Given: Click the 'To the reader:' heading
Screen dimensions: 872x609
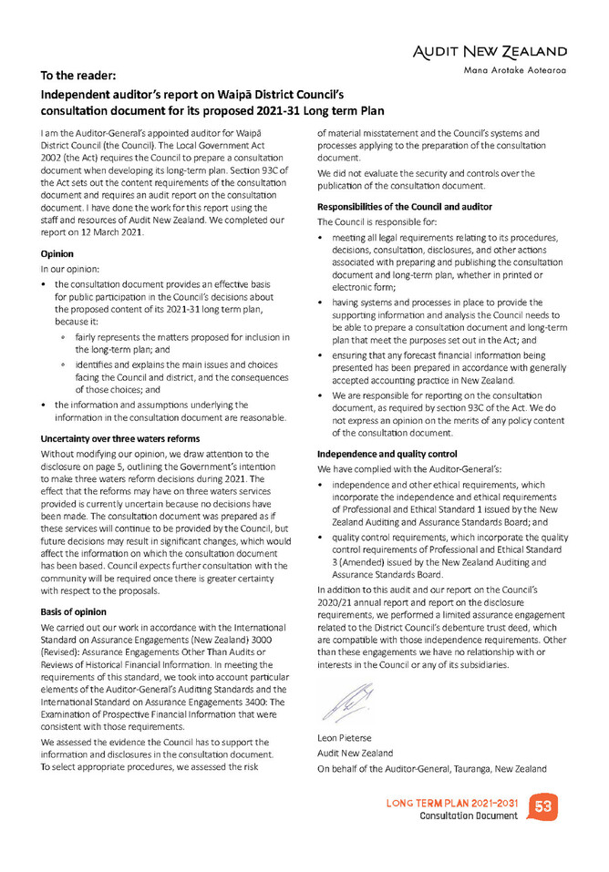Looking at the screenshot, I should coord(78,76).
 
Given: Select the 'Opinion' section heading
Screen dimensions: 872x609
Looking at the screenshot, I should coord(59,256).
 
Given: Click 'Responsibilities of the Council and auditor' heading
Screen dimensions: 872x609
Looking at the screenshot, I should coord(404,207).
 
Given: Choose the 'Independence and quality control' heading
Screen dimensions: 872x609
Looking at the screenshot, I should coord(387,453).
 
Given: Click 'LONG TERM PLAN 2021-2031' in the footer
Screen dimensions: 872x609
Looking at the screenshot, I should coord(453,803).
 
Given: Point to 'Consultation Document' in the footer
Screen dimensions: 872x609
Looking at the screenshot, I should coord(469,816).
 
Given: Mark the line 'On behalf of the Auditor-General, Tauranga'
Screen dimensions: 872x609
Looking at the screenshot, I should coord(431,769).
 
